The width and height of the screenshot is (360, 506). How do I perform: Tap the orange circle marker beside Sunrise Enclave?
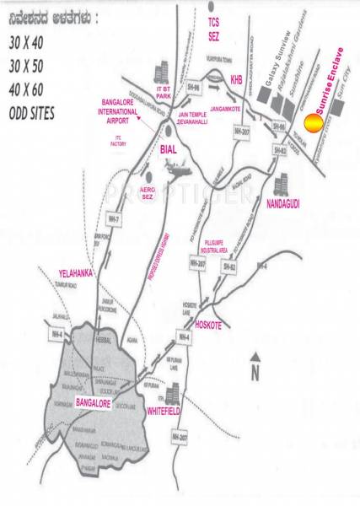pyautogui.click(x=311, y=124)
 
